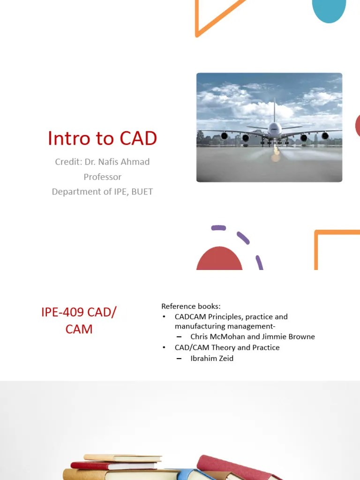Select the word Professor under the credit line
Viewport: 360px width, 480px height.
[102, 177]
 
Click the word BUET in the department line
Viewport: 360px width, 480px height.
[142, 192]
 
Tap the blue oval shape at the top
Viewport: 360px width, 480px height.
[329, 10]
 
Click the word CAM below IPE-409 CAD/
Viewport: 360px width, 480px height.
[79, 329]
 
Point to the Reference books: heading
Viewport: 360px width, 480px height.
[191, 306]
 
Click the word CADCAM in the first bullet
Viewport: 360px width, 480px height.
[191, 317]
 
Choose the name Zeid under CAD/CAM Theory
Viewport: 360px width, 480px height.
[225, 358]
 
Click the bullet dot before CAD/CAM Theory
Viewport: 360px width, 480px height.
[164, 347]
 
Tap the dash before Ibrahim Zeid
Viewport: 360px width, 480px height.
[179, 358]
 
